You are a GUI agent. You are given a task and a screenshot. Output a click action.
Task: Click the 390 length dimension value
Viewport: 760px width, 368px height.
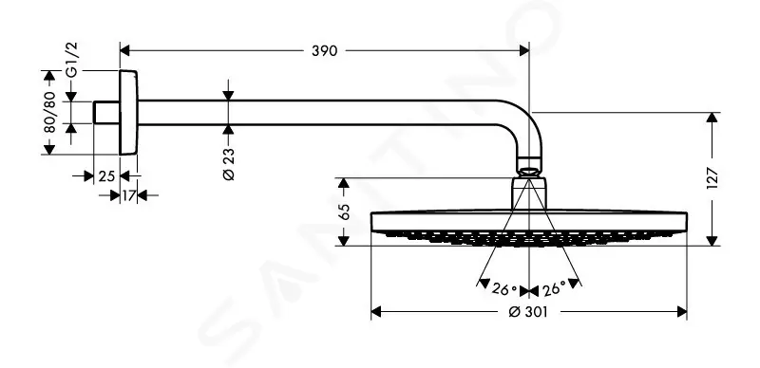click(x=324, y=50)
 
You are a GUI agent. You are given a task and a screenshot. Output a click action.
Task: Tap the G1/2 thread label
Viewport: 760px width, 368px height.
click(x=72, y=60)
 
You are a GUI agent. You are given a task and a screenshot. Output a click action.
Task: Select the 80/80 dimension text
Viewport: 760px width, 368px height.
click(x=49, y=112)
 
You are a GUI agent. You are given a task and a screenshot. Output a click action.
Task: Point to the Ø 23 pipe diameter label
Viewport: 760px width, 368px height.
click(x=228, y=163)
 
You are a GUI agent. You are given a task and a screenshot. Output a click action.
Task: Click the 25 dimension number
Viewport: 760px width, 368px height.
click(x=106, y=176)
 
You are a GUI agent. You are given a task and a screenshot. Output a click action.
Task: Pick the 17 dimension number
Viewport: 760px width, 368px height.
click(x=128, y=195)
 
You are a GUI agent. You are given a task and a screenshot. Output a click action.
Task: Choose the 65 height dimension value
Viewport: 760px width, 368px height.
click(x=344, y=212)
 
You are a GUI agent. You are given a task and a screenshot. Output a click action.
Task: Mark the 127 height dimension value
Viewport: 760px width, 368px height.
click(x=712, y=178)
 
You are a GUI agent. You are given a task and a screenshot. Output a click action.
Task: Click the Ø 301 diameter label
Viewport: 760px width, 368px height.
click(x=528, y=312)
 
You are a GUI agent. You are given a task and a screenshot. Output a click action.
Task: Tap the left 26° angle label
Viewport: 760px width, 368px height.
click(x=503, y=289)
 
